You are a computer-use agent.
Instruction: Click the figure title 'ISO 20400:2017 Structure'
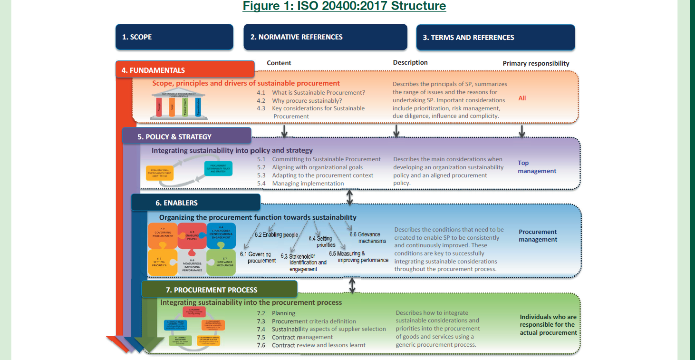click(344, 6)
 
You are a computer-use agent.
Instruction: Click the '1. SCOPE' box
click(174, 37)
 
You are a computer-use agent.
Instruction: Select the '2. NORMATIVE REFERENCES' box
click(325, 37)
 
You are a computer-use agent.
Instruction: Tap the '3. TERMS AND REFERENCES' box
click(495, 37)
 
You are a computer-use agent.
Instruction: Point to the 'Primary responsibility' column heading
click(536, 63)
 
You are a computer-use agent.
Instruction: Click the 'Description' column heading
click(410, 62)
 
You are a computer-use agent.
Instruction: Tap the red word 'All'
click(522, 98)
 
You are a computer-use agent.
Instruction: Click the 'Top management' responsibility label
click(537, 167)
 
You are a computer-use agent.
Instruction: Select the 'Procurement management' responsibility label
click(538, 236)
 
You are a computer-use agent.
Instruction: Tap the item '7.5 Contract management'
click(302, 337)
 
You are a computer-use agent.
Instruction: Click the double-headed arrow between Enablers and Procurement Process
click(352, 285)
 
